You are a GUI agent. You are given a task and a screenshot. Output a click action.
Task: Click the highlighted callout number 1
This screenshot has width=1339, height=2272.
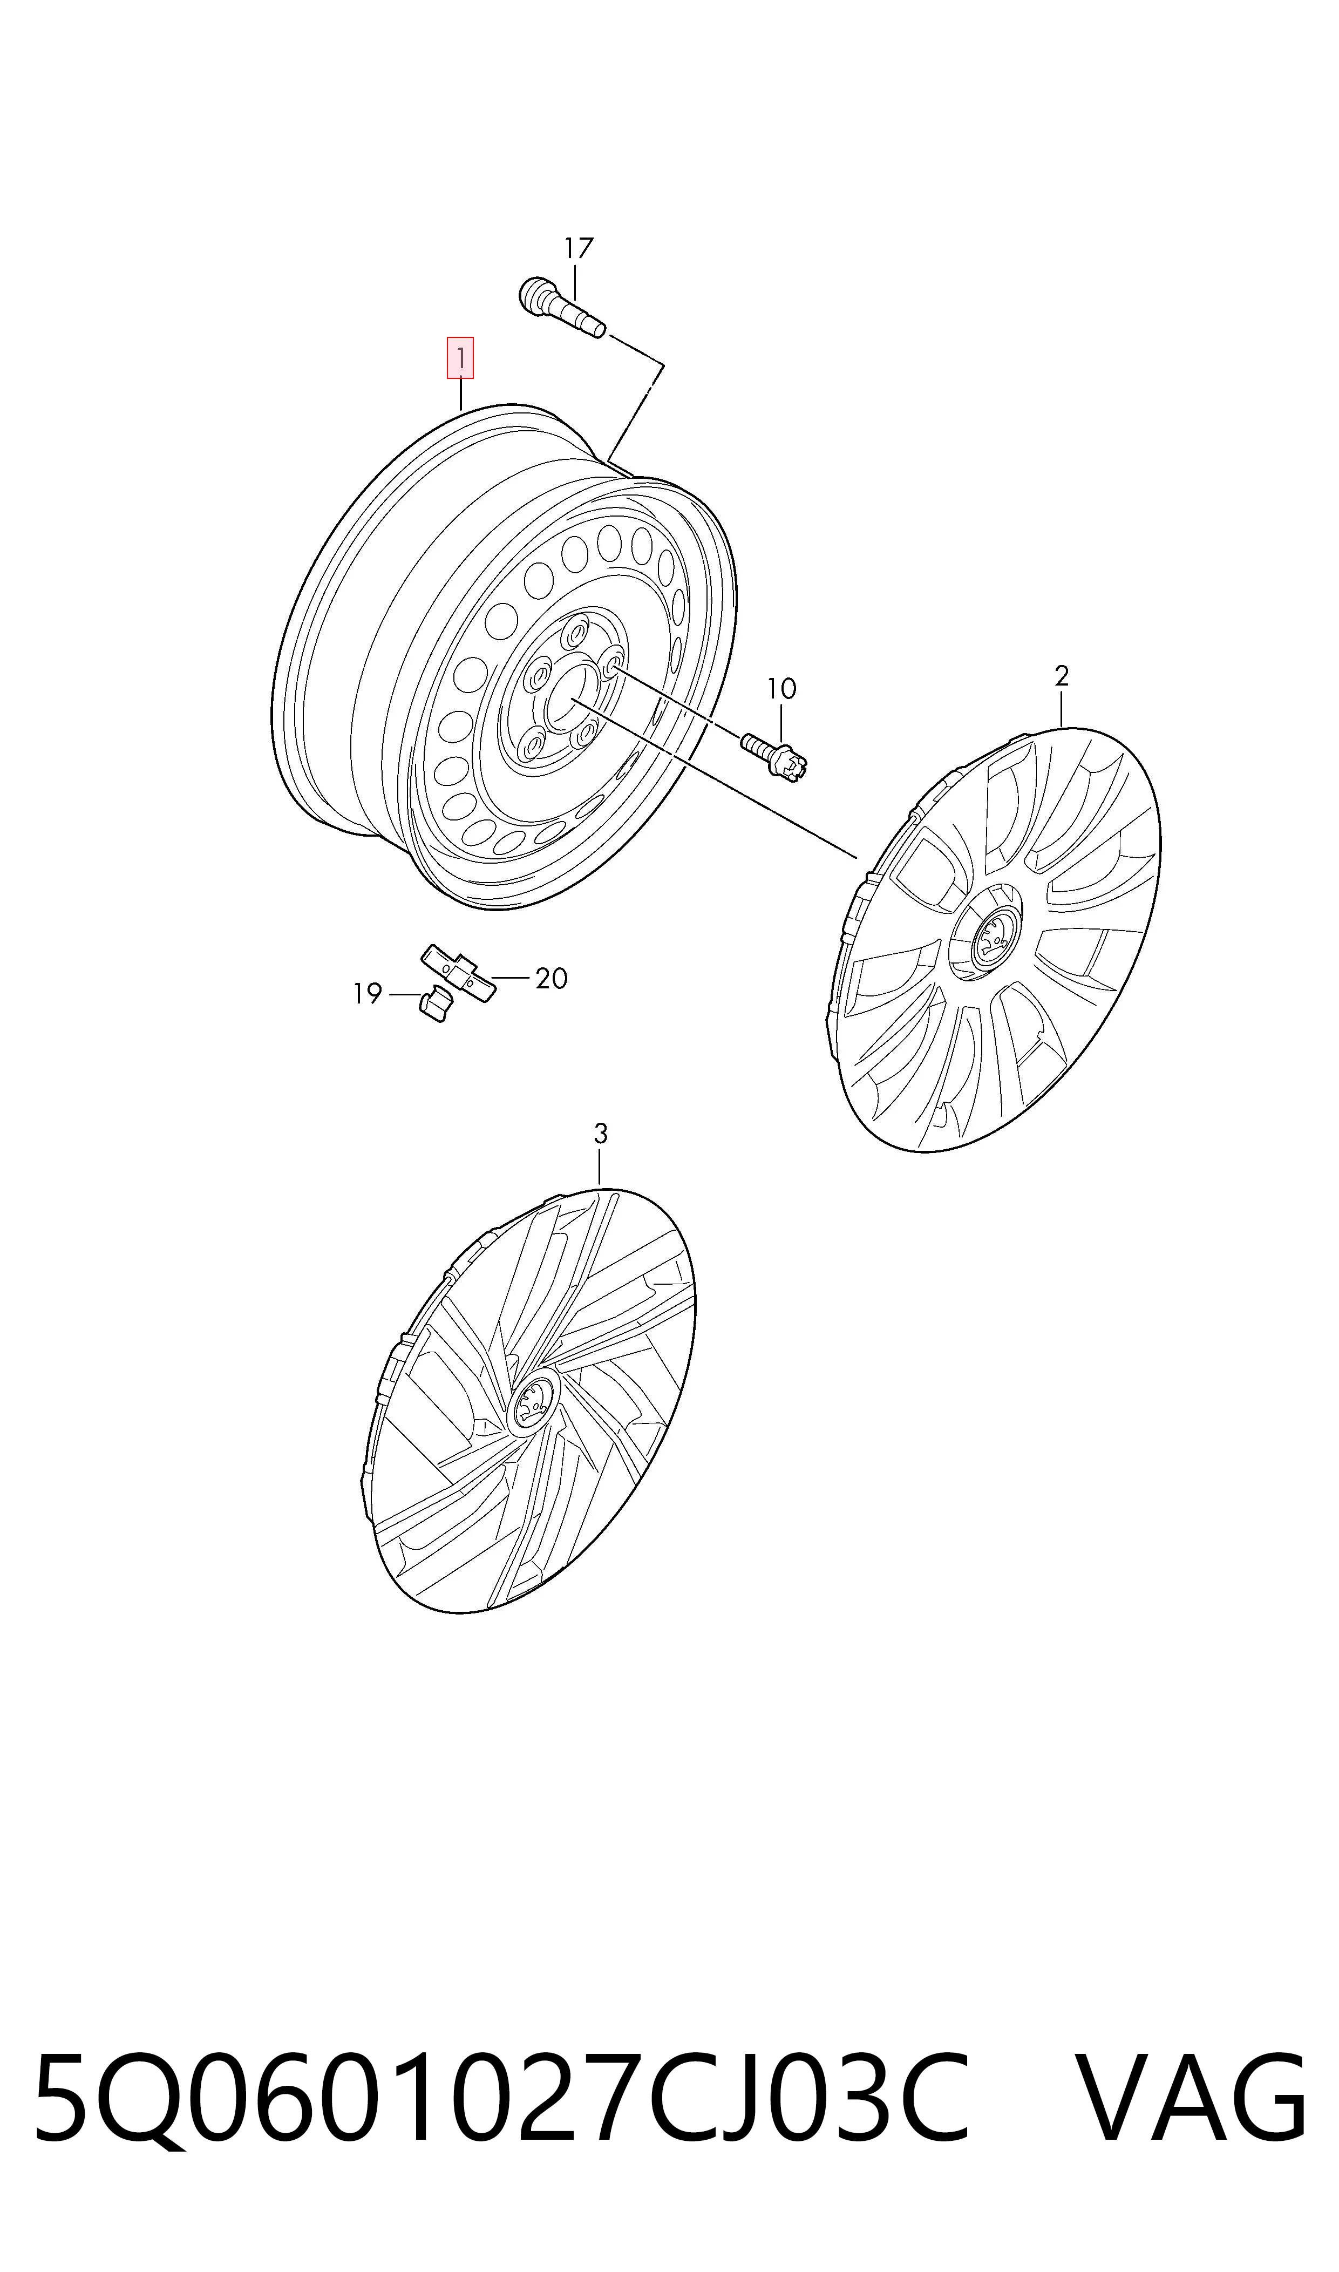460,358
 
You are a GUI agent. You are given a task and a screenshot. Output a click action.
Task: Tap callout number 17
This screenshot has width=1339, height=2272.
579,248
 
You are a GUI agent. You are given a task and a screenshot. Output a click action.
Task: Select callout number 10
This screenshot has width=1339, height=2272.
781,689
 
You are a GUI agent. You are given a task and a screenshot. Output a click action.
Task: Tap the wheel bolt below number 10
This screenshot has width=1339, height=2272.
774,756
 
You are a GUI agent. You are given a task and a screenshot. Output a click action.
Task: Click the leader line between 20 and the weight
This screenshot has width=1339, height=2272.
511,977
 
